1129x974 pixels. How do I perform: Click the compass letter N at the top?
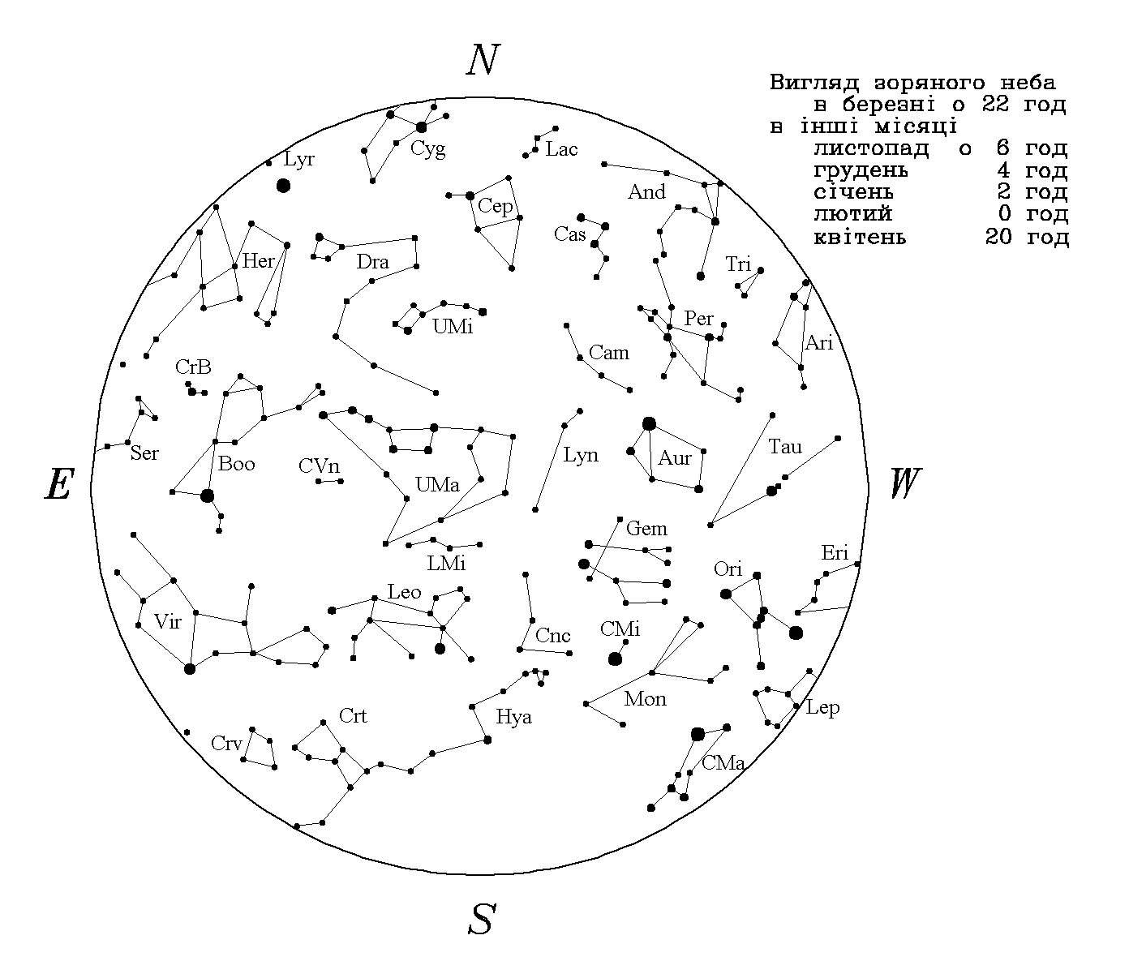[483, 59]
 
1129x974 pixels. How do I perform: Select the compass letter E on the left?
[59, 484]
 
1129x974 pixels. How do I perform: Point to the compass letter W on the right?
[905, 483]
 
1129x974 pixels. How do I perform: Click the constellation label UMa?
[437, 484]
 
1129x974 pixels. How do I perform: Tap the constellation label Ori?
[728, 569]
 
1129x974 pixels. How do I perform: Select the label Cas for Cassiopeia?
[569, 234]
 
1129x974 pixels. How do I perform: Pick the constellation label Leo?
[404, 591]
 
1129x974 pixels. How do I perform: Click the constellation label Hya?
[513, 717]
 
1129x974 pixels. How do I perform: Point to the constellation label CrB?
[193, 367]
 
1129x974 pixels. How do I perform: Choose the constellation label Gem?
[646, 528]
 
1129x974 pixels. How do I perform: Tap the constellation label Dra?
[372, 262]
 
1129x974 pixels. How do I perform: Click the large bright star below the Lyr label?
[283, 186]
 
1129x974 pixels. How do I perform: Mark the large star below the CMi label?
[615, 659]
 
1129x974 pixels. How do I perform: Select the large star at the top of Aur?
[649, 423]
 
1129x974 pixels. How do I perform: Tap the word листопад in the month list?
[871, 148]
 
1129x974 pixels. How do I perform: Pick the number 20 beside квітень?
[998, 237]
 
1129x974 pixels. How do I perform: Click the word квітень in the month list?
[860, 237]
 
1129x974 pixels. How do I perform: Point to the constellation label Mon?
[645, 699]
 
